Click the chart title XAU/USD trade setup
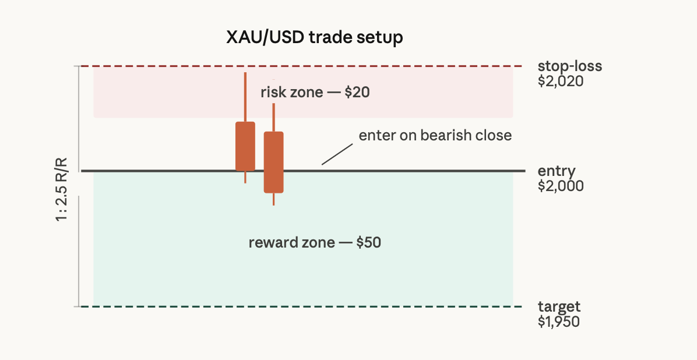tap(314, 37)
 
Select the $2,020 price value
tap(561, 82)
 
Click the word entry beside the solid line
tap(557, 171)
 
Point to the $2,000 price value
tap(561, 186)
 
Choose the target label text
tap(559, 306)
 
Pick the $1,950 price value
tap(559, 322)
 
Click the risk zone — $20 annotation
tap(315, 92)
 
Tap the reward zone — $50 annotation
tap(315, 242)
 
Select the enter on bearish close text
tap(435, 135)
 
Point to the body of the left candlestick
tap(245, 146)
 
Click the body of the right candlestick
tap(274, 162)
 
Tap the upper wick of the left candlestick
tap(245, 97)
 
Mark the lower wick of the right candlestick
tap(274, 199)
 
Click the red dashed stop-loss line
tap(301, 66)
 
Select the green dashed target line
tap(301, 306)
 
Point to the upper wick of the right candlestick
tap(274, 117)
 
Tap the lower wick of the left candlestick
tap(245, 177)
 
